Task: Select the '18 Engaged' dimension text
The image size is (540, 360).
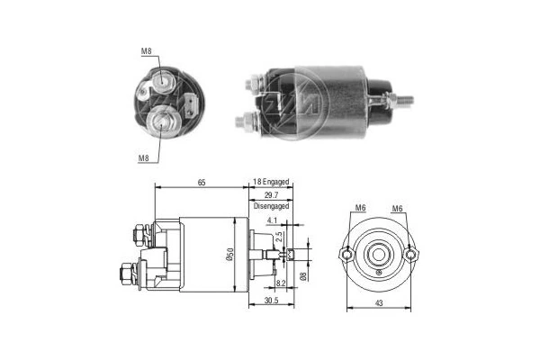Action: [273, 183]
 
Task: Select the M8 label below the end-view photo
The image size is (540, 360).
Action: [143, 158]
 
